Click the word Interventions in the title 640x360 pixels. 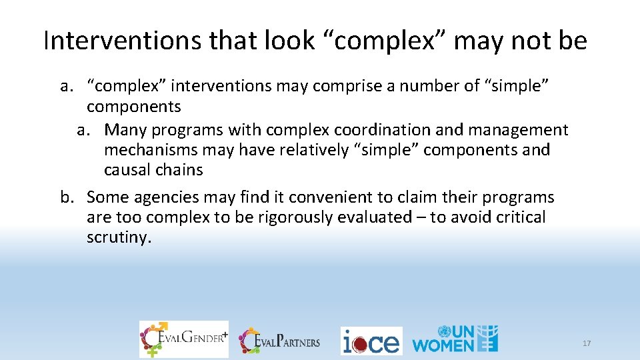point(122,41)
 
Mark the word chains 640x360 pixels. point(179,170)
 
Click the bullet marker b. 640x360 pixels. point(66,197)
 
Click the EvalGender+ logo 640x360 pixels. point(183,339)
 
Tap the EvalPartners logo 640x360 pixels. point(280,341)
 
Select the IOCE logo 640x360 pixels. point(371,341)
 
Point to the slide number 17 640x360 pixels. point(587,343)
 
